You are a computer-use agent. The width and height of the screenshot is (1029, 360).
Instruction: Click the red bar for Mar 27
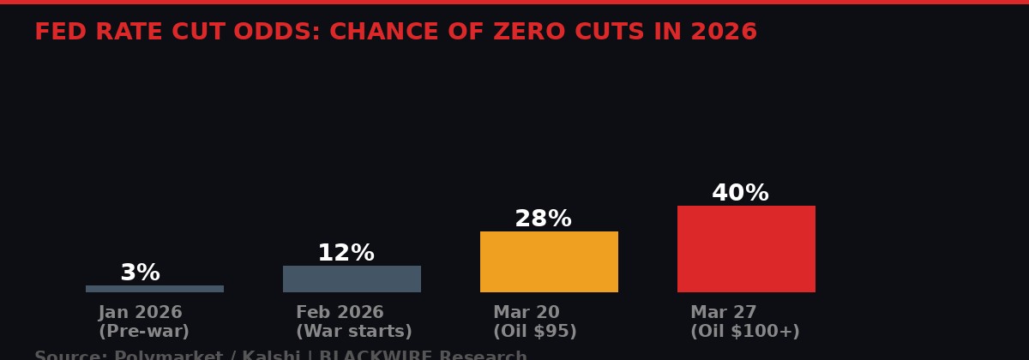pyautogui.click(x=746, y=249)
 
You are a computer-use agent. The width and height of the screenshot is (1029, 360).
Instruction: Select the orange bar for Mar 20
pyautogui.click(x=549, y=261)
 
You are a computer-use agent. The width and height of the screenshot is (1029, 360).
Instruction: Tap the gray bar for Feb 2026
pyautogui.click(x=352, y=279)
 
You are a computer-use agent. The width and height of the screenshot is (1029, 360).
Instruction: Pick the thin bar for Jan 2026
pyautogui.click(x=154, y=289)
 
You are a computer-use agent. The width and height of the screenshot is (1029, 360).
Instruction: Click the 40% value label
pyautogui.click(x=740, y=194)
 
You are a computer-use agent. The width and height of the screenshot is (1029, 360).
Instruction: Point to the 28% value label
pyautogui.click(x=543, y=219)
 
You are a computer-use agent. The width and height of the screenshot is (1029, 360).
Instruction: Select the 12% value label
pyautogui.click(x=346, y=254)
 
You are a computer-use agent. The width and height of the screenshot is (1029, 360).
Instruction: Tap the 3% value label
pyautogui.click(x=140, y=273)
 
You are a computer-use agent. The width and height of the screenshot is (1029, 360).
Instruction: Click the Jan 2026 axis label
pyautogui.click(x=141, y=313)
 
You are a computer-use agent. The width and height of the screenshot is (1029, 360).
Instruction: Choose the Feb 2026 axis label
pyautogui.click(x=340, y=313)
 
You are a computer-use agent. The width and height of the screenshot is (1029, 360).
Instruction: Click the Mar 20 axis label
pyautogui.click(x=526, y=313)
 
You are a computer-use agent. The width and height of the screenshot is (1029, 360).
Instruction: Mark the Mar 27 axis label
pyautogui.click(x=723, y=313)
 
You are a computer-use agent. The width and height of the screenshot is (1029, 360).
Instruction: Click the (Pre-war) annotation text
pyautogui.click(x=144, y=332)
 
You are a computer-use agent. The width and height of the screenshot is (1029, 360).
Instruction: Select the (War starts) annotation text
pyautogui.click(x=353, y=332)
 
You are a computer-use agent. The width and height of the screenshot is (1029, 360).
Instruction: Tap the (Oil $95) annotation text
pyautogui.click(x=534, y=332)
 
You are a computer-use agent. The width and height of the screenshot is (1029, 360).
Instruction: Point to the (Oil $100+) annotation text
pyautogui.click(x=744, y=332)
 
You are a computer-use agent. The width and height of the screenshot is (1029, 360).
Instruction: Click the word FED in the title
pyautogui.click(x=57, y=33)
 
